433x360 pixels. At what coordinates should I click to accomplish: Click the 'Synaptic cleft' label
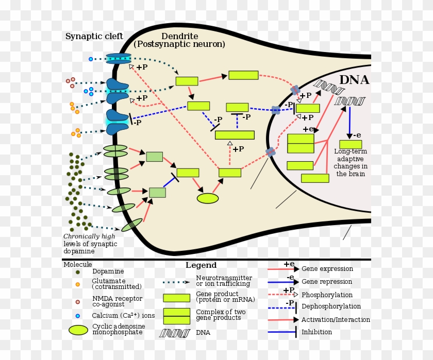[94, 36]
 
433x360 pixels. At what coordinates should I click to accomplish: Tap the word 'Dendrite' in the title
[179, 36]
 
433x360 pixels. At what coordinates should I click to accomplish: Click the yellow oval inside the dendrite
[208, 198]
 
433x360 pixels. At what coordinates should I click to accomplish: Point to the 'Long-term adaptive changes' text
[351, 162]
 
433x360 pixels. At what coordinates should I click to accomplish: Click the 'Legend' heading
[201, 265]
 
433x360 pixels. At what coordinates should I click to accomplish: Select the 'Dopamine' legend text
[108, 271]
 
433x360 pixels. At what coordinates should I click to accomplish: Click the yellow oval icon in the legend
[78, 330]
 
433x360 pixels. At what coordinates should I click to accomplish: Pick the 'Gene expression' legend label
[327, 269]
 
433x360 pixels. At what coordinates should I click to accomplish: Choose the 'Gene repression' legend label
[327, 282]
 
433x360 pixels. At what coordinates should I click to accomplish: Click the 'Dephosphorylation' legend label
[331, 306]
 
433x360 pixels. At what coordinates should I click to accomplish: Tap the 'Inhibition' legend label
[317, 332]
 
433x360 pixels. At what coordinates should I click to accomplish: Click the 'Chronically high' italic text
[89, 236]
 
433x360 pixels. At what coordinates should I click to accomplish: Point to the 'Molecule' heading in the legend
[77, 265]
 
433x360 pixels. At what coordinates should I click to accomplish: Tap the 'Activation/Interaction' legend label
[336, 320]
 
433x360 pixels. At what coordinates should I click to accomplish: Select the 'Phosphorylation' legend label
[327, 295]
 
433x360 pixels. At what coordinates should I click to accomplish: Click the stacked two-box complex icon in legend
[176, 316]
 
